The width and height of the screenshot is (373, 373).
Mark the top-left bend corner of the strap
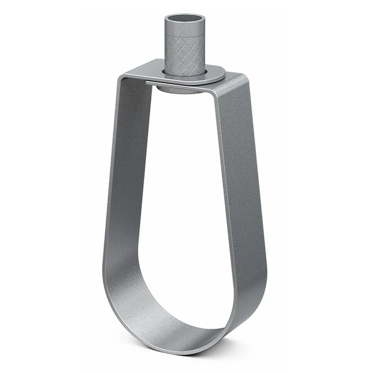[122, 77]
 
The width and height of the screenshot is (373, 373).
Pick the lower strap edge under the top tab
[186, 84]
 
